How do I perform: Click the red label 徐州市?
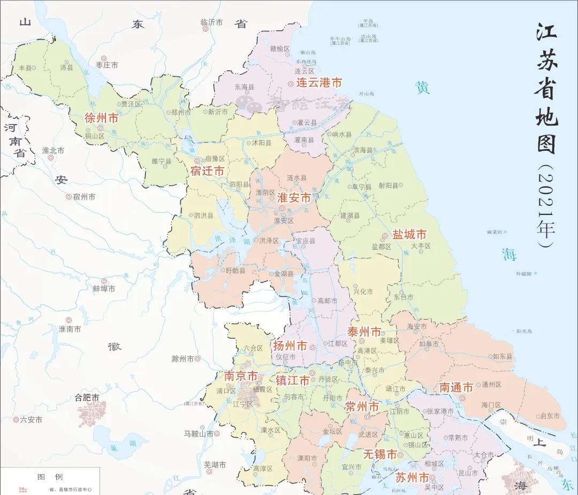click(x=101, y=118)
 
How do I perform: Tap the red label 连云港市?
click(x=319, y=83)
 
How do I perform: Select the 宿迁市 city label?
click(x=207, y=171)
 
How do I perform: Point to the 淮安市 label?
click(x=294, y=198)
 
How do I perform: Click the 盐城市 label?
click(x=409, y=235)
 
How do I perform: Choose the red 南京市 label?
click(x=241, y=376)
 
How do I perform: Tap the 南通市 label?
click(x=456, y=388)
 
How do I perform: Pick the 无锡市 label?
click(x=380, y=454)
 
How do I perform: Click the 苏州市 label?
click(x=412, y=477)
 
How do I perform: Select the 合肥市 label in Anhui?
click(x=87, y=398)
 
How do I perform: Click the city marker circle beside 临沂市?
click(x=204, y=29)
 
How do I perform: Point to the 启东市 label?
click(x=550, y=416)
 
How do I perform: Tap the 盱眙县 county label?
click(x=235, y=271)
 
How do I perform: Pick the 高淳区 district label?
click(x=263, y=469)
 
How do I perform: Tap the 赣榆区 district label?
click(x=279, y=49)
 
